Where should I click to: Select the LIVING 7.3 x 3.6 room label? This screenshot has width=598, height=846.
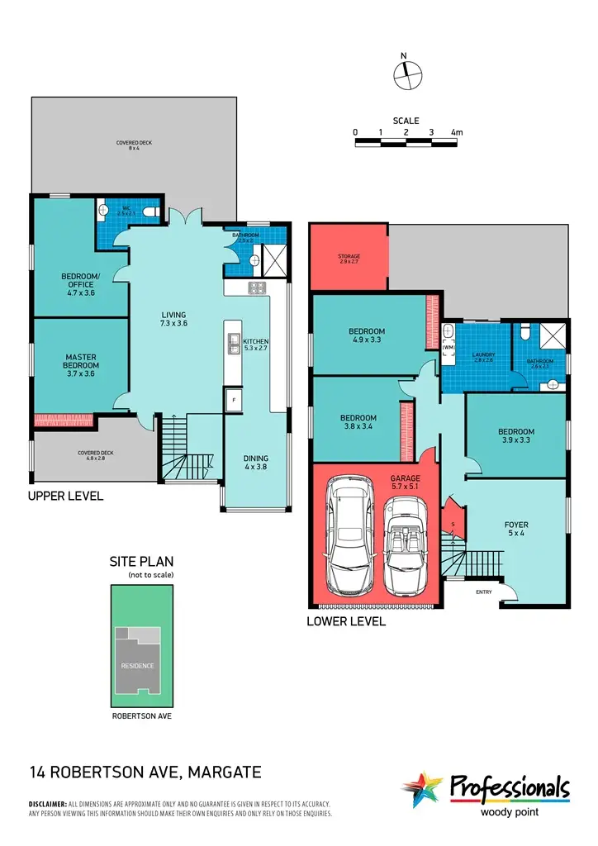173,320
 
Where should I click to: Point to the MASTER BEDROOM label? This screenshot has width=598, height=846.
82,361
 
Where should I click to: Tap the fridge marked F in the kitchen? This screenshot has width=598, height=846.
234,399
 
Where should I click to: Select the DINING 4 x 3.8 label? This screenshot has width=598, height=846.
255,463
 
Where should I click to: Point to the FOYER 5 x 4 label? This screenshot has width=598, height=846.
516,530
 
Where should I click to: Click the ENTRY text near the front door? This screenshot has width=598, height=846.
482,592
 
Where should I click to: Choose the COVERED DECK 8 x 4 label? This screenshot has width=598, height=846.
134,146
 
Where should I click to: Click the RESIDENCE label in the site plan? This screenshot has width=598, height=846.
137,665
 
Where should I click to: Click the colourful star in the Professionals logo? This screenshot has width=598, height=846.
423,789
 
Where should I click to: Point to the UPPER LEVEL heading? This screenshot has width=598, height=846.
65,497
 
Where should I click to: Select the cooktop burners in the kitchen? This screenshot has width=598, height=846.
256,288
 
